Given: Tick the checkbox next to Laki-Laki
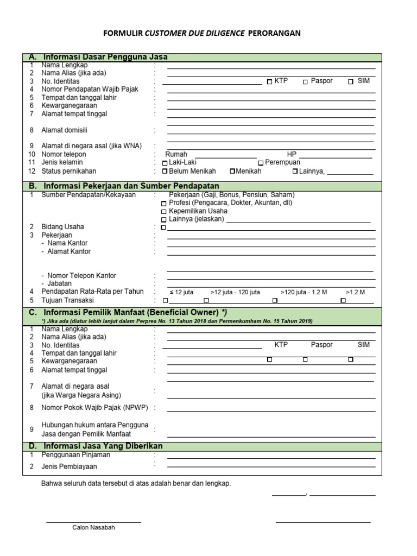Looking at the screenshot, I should coord(165,163).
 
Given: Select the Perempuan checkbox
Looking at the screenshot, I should coord(261,163).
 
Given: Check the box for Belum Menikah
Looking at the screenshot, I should coord(165,172).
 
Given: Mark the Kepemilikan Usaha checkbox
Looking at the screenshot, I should coord(165,211).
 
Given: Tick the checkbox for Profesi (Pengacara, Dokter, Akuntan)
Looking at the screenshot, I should coord(165,203).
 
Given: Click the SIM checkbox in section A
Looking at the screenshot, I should coord(351,81).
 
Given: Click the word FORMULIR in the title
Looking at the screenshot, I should coord(123,33).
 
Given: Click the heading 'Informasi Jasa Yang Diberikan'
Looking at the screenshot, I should coord(103,446).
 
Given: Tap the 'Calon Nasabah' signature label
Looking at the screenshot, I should coord(93,528).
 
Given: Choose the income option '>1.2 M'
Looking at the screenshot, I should coord(355,292).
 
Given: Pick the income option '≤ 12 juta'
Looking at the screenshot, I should coord(181,292).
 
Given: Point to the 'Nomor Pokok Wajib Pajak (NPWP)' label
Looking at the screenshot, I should coord(94,407).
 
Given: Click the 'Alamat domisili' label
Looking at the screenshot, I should coord(64,130).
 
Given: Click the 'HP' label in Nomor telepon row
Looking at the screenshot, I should coord(292,154).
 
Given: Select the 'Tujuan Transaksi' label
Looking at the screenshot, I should coord(67,300).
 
